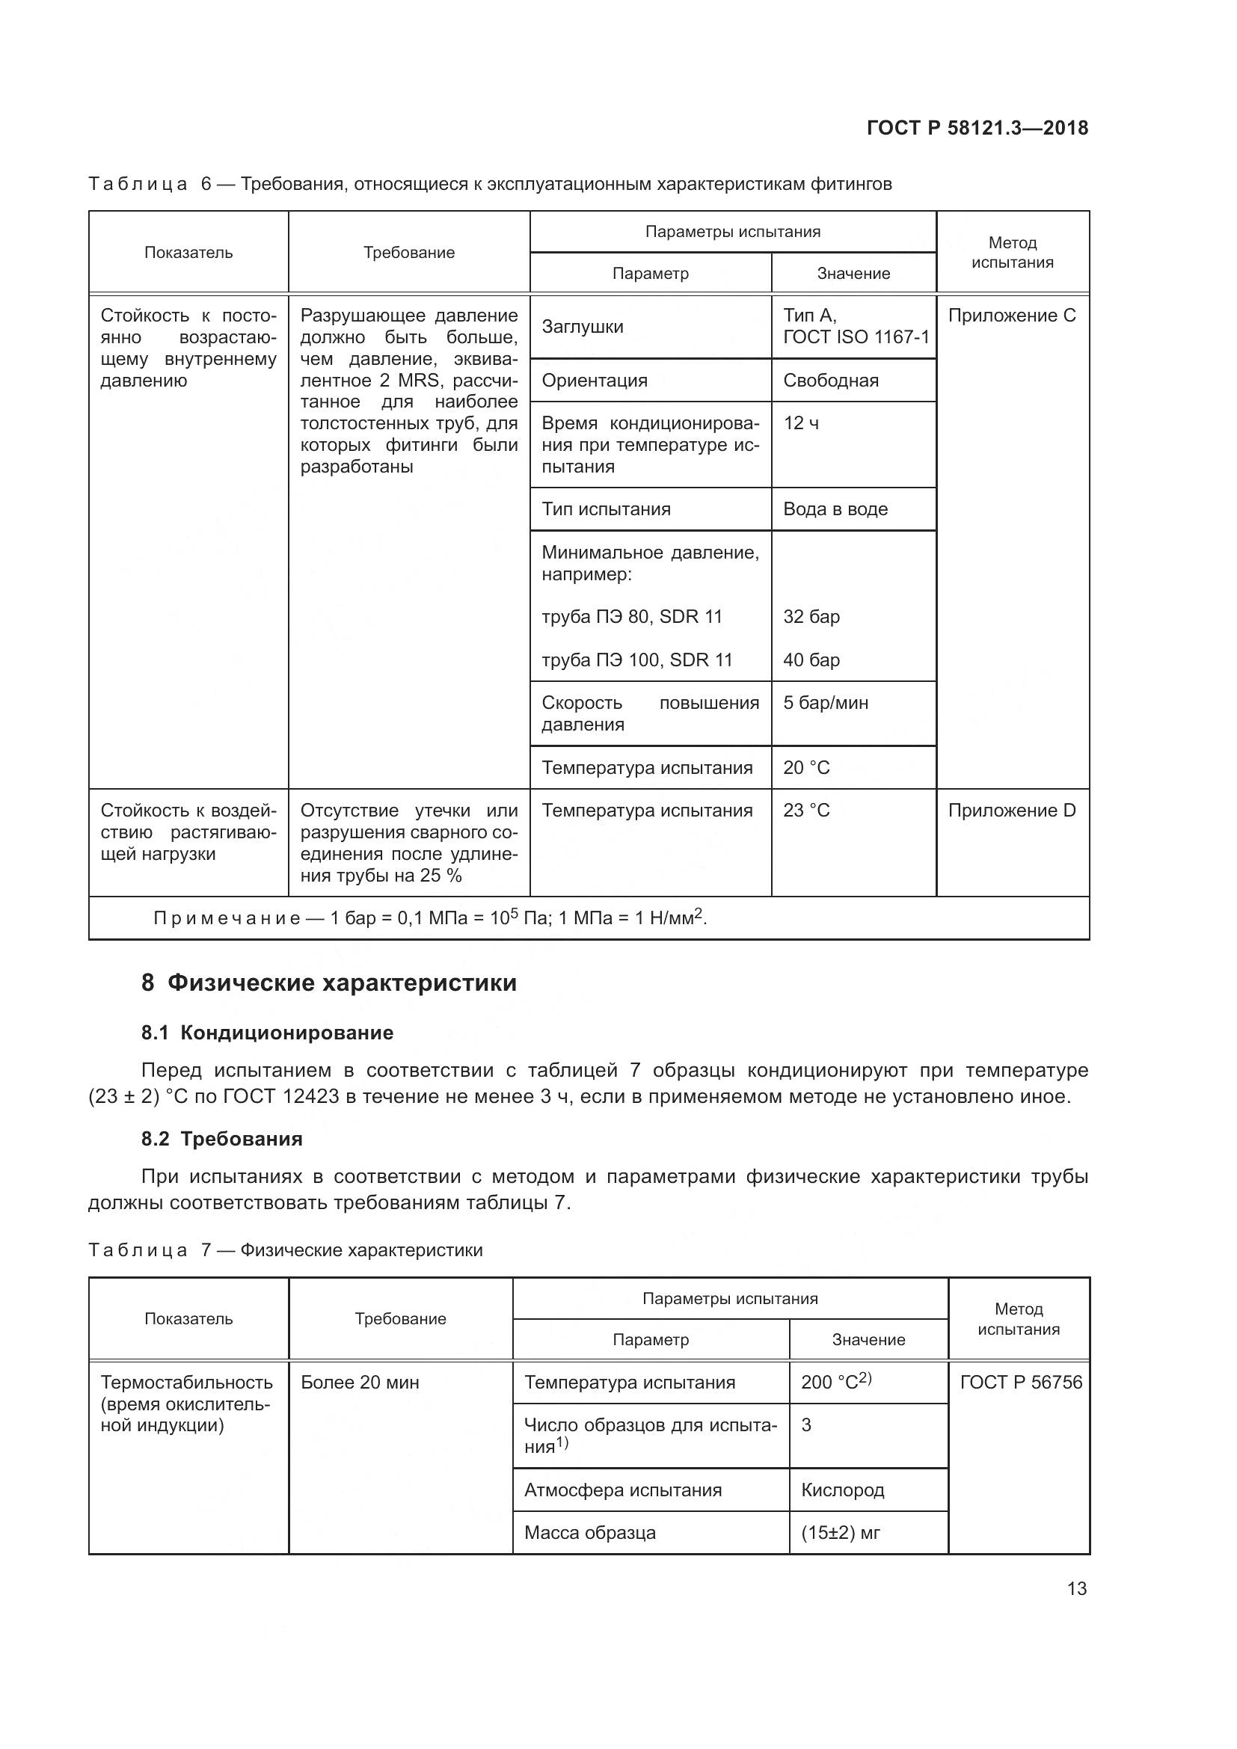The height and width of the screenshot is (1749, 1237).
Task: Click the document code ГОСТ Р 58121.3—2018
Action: [977, 128]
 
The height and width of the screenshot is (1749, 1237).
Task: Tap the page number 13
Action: [1076, 1588]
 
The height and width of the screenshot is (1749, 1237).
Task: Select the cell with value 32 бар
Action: [811, 616]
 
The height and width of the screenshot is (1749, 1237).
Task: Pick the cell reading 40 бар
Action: [811, 660]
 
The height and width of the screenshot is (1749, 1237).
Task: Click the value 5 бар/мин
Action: [826, 702]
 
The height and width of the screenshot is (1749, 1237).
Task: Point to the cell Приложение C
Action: [1012, 316]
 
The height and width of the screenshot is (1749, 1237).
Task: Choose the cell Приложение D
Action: [1012, 811]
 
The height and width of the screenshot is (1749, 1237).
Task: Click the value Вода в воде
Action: [835, 509]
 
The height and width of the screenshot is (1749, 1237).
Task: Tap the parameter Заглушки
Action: [583, 327]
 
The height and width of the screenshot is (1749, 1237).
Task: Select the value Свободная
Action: [830, 380]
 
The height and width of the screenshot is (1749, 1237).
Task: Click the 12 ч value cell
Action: [800, 422]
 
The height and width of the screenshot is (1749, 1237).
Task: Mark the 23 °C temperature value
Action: [806, 811]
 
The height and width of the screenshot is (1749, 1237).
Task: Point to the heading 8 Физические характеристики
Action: [329, 983]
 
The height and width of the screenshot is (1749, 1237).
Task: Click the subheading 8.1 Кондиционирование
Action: [267, 1033]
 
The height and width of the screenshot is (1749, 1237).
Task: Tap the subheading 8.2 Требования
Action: [221, 1139]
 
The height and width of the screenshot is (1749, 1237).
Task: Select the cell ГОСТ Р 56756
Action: [1021, 1383]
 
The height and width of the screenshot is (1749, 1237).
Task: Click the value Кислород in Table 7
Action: [842, 1490]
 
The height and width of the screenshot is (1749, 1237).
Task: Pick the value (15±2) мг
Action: [840, 1533]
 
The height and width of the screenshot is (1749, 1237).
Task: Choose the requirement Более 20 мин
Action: [360, 1383]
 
